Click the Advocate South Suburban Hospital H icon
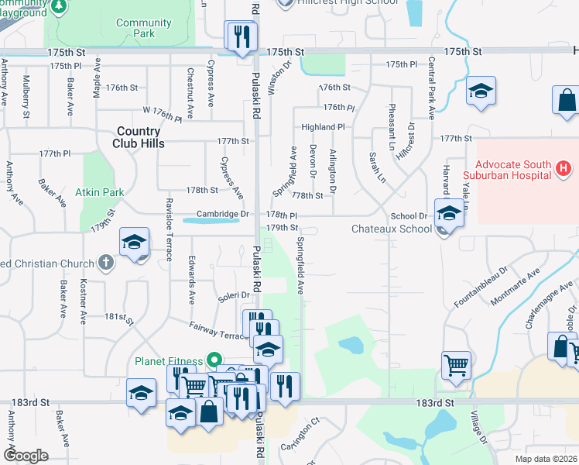(564, 167)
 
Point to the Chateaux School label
(392, 229)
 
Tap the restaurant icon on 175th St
(241, 36)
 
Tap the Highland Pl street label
(323, 126)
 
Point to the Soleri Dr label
(234, 295)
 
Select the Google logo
(26, 455)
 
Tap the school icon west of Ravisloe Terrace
(134, 243)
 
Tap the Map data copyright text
(545, 459)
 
